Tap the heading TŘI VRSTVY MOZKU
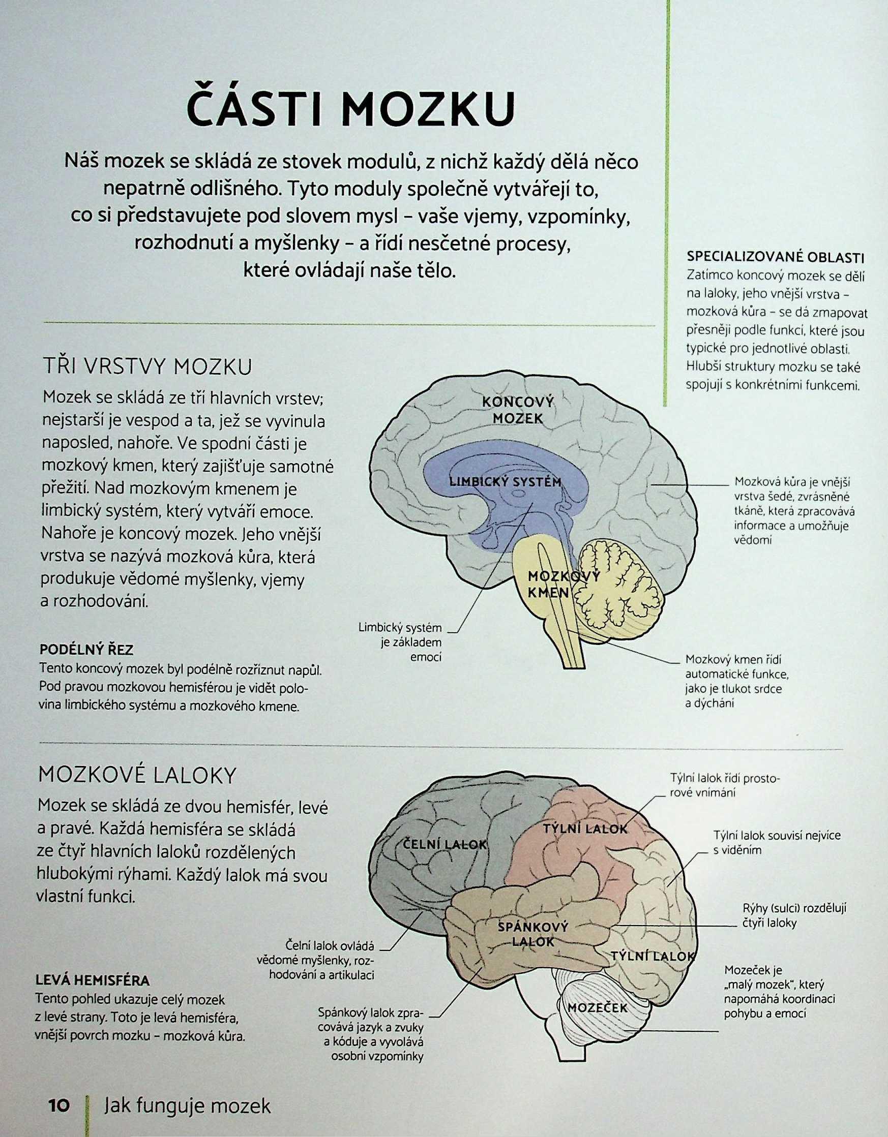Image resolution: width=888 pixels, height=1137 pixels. click(147, 367)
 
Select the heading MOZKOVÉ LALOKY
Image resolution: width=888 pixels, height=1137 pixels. click(137, 776)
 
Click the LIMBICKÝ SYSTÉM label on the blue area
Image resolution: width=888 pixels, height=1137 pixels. click(505, 481)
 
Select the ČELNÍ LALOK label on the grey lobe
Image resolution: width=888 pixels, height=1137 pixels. click(445, 844)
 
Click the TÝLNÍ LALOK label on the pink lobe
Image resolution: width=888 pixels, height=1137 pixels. click(586, 828)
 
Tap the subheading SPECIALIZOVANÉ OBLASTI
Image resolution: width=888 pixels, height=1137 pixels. click(776, 257)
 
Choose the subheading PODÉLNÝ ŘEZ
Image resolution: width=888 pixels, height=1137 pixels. click(86, 650)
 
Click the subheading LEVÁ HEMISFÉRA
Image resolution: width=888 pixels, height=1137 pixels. click(92, 981)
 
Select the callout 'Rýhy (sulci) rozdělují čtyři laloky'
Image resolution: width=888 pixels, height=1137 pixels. click(794, 915)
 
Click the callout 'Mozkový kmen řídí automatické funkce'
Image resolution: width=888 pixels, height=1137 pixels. click(736, 682)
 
